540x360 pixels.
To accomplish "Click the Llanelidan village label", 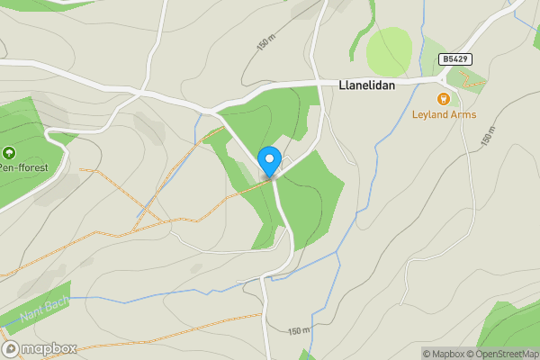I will [x=367, y=86].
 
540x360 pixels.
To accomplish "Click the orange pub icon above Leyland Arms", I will [x=443, y=99].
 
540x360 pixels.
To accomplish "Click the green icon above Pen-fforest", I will [x=9, y=153].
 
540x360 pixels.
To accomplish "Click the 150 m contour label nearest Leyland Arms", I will [x=489, y=135].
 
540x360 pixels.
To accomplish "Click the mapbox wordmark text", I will [x=49, y=349].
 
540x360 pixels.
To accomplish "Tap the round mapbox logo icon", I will [x=11, y=349].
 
